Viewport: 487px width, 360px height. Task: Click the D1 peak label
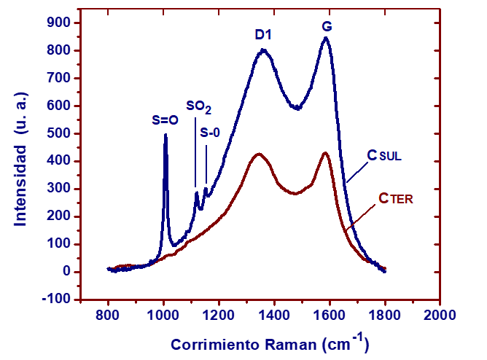click(x=263, y=34)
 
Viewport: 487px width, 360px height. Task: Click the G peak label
click(x=327, y=27)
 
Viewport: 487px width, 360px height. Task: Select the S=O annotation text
click(x=165, y=121)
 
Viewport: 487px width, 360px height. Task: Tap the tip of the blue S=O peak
click(x=165, y=134)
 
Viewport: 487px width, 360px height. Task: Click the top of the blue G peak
click(x=325, y=38)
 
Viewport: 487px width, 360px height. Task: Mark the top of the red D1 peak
click(x=258, y=154)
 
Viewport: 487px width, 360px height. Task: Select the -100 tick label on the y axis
click(x=55, y=300)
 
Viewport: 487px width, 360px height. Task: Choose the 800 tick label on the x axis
click(x=108, y=316)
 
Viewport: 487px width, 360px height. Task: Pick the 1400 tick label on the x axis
click(x=273, y=316)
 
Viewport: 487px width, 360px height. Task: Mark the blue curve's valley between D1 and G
click(x=297, y=108)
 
